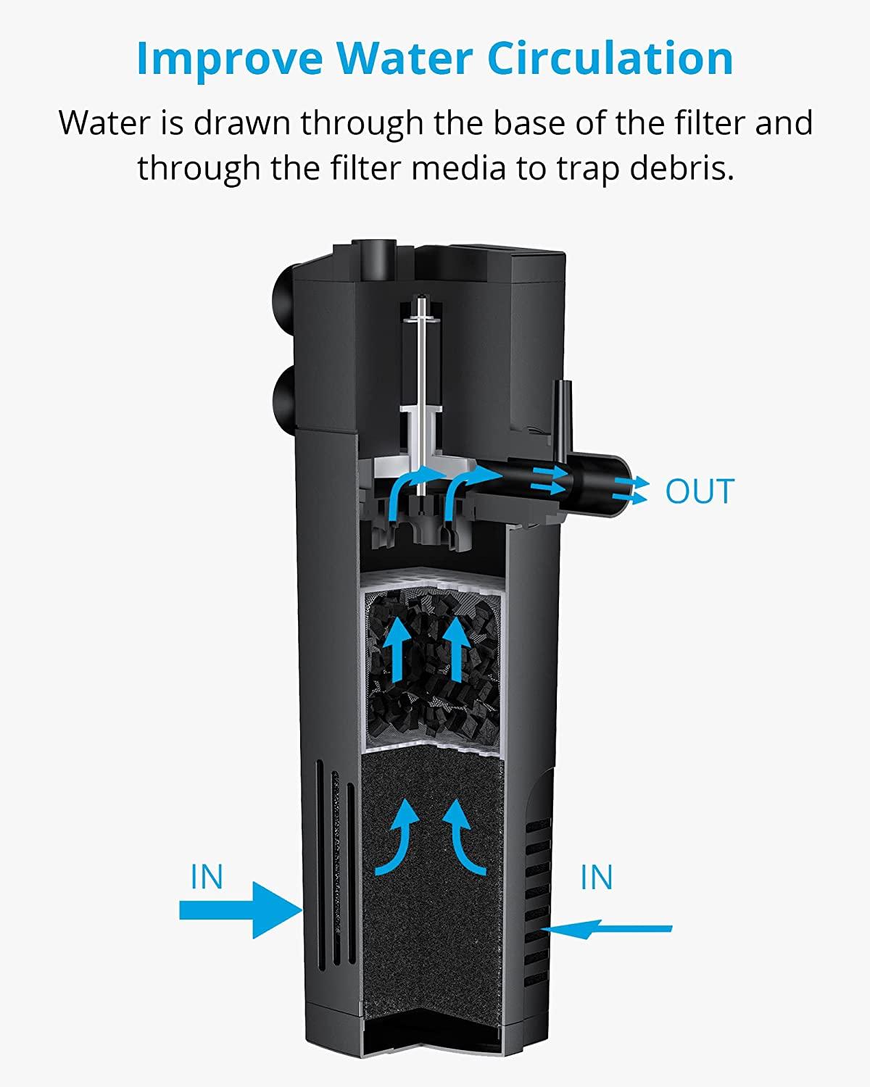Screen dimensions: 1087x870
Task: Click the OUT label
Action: (700, 491)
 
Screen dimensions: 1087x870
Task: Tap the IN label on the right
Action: (597, 878)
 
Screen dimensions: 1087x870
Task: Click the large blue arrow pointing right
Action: (239, 909)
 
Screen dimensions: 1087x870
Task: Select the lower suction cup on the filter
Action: (281, 396)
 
